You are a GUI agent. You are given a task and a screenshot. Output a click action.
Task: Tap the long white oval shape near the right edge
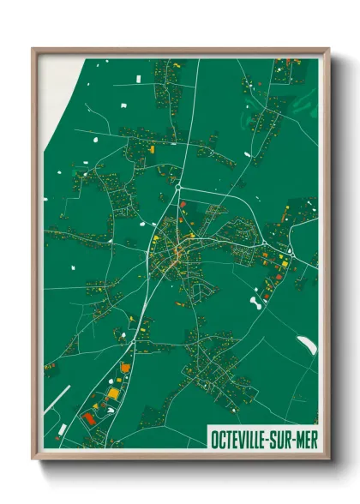[305, 345]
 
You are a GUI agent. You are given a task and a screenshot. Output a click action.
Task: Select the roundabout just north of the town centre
[177, 186]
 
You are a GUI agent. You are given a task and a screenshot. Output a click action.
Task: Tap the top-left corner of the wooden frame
[34, 50]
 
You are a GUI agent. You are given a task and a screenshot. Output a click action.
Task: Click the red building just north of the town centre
[183, 204]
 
